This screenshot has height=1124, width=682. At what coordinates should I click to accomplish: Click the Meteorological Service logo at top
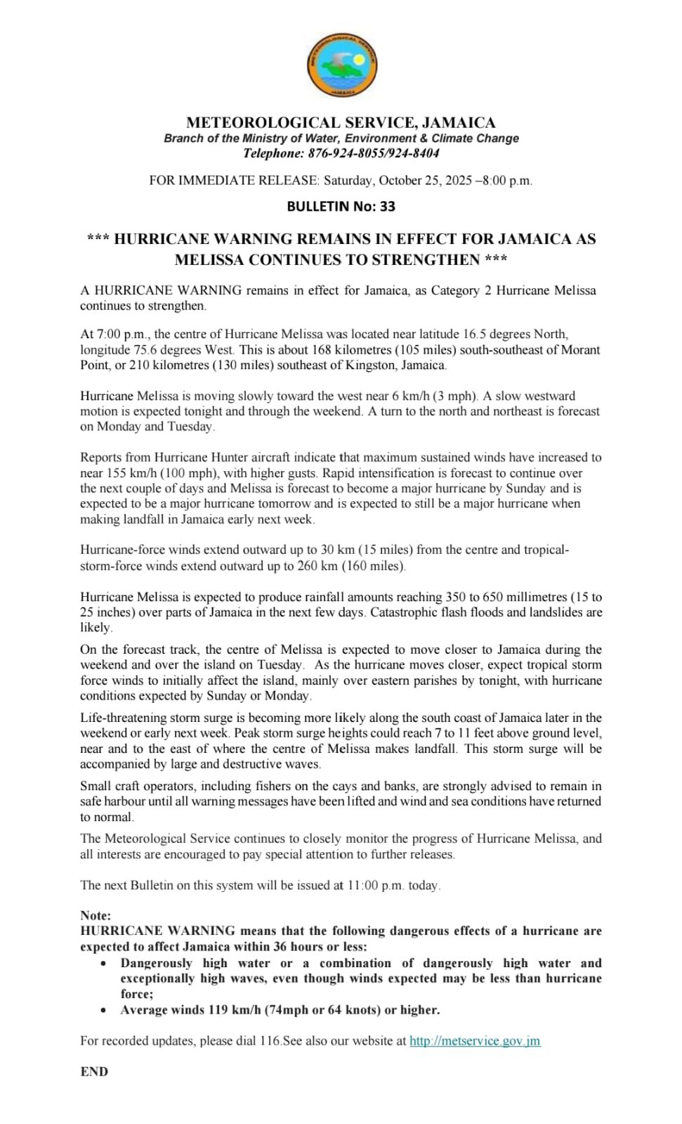341,65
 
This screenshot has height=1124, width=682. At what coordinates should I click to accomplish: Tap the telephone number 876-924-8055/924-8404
372,153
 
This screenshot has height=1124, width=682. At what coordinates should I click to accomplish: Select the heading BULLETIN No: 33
341,206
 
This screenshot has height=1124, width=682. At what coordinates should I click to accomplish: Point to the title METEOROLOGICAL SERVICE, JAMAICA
341,122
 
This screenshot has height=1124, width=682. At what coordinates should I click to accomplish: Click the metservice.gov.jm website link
475,1041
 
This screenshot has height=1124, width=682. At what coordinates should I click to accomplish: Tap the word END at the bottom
94,1071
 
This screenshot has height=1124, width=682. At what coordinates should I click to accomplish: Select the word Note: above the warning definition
96,915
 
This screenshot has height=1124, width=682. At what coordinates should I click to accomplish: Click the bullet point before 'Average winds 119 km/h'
104,1010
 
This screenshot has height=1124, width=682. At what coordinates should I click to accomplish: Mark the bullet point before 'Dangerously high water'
104,964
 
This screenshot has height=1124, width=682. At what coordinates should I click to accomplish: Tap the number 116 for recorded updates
270,1041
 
